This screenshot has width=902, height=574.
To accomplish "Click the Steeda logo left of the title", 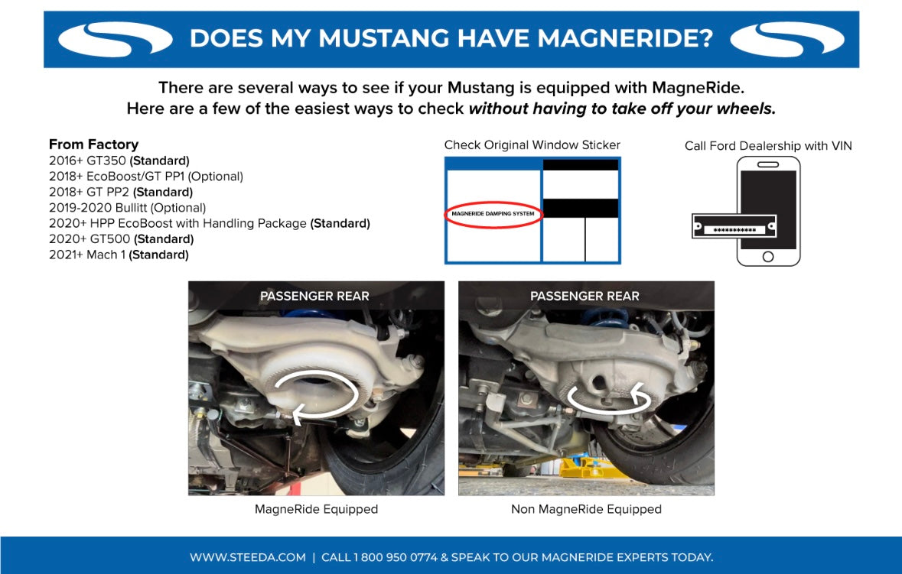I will click(x=116, y=39).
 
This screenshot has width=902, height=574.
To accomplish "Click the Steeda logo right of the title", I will click(x=788, y=39).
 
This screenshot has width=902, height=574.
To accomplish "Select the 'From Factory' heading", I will click(x=93, y=144).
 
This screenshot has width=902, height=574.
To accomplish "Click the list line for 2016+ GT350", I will click(x=119, y=161).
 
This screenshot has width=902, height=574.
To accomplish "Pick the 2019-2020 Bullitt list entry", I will click(x=127, y=208).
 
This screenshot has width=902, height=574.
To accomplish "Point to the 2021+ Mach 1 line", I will click(x=119, y=255).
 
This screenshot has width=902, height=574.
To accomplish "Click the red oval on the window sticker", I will click(x=493, y=214).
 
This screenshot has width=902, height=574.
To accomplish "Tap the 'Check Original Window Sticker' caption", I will click(x=532, y=145).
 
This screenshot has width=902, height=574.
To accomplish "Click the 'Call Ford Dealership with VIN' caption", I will click(x=768, y=145).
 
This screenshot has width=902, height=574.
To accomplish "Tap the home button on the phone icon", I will click(x=768, y=257).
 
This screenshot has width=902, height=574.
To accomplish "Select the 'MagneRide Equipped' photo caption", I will click(x=316, y=509).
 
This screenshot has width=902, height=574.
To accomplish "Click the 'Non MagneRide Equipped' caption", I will click(x=586, y=509).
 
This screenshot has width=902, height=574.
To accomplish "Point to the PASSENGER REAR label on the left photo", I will click(x=314, y=297).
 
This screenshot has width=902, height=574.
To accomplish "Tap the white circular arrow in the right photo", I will click(x=608, y=396).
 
